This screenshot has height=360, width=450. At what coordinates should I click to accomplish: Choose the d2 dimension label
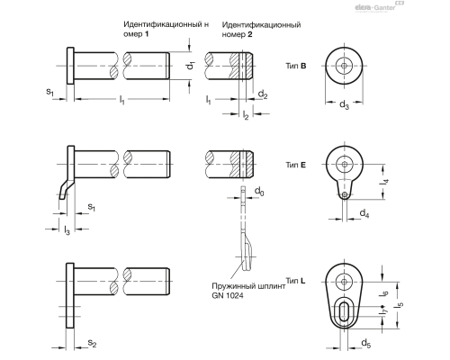click(x=263, y=94)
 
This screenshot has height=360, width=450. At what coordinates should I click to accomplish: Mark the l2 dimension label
click(x=246, y=115)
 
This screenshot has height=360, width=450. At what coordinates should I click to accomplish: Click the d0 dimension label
click(x=259, y=193)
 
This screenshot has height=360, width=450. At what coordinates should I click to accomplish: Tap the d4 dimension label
click(x=364, y=213)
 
